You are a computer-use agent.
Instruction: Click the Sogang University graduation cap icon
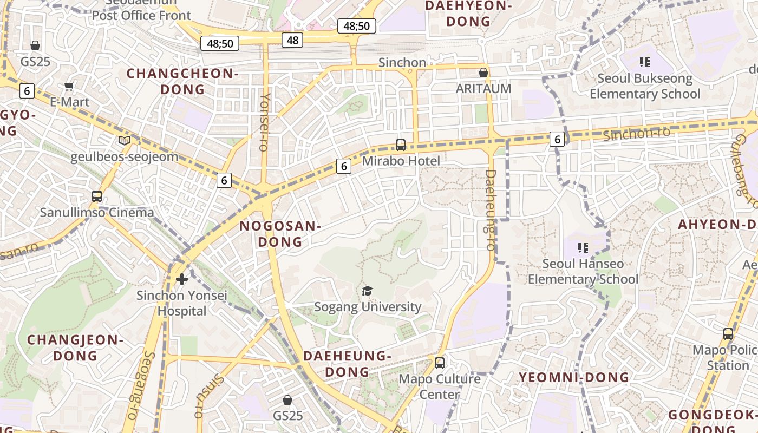coord(368,291)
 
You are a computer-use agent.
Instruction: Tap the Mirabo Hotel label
coord(401,161)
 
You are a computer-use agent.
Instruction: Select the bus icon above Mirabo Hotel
coord(401,145)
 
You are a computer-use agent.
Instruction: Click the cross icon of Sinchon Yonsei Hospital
coord(182,279)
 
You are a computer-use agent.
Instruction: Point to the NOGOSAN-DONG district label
coord(280,234)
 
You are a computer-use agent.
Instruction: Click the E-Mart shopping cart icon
coord(69,87)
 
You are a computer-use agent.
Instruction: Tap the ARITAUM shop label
coord(483,88)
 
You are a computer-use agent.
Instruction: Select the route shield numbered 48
coord(292,40)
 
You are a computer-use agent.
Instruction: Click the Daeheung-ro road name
coord(490,210)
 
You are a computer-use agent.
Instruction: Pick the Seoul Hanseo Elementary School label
coord(583,271)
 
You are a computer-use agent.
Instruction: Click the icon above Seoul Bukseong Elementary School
coord(644,62)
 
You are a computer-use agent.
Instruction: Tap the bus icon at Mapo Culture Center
coord(440,363)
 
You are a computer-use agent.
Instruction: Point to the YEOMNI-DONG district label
coord(574,377)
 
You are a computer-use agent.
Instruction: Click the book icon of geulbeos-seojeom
coord(125,141)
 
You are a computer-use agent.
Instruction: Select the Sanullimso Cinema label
coord(97,212)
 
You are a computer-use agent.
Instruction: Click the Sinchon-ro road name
coord(636,133)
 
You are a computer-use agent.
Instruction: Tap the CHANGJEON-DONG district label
coord(75,348)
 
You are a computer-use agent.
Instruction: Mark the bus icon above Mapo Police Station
coord(728,334)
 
